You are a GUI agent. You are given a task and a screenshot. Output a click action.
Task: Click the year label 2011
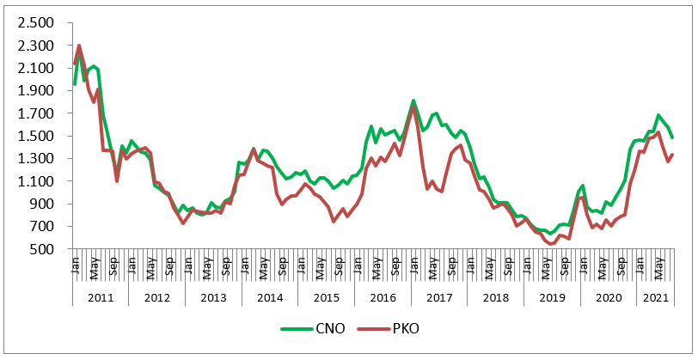click(100, 296)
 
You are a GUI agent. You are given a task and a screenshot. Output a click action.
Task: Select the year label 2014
click(270, 296)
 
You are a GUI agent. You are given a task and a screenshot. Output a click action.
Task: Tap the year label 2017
click(439, 296)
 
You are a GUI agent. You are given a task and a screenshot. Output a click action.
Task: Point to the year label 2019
click(552, 296)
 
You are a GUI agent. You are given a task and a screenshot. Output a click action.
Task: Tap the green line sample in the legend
click(297, 328)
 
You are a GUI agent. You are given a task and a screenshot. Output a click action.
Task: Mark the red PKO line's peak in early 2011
click(79, 46)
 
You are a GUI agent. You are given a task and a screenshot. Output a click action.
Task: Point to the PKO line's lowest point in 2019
click(551, 244)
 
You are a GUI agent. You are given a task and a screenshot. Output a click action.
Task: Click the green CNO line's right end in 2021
click(673, 137)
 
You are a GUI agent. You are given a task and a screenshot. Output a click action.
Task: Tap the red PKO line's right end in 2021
click(673, 155)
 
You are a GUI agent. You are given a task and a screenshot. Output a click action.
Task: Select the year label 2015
click(326, 296)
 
